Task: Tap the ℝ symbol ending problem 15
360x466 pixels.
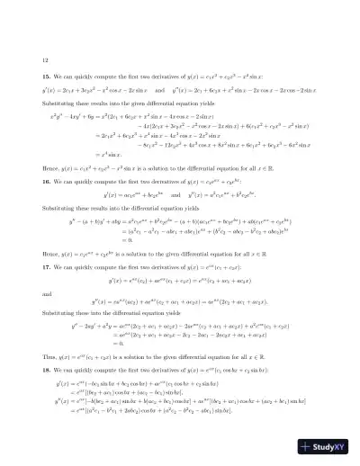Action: [x=301, y=192]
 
